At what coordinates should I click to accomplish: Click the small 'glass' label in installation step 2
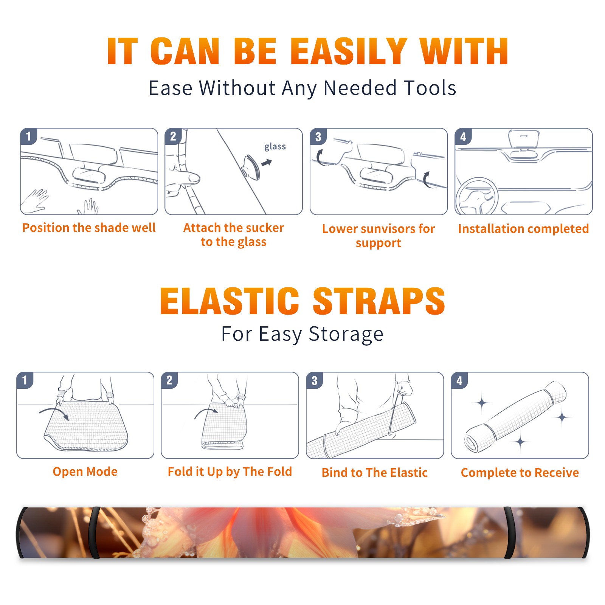(x=275, y=147)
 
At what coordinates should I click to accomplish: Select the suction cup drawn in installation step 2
(x=251, y=167)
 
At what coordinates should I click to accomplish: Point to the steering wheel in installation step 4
(x=477, y=197)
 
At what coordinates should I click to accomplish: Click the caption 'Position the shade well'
(x=89, y=228)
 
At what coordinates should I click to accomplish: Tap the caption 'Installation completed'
(x=523, y=229)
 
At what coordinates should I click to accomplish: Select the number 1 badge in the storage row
(x=25, y=380)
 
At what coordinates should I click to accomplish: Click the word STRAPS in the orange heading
(x=379, y=301)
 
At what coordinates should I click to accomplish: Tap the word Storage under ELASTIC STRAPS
(x=346, y=334)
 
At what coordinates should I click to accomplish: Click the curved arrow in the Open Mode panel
(x=54, y=413)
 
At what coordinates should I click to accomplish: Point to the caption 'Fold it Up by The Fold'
(x=230, y=472)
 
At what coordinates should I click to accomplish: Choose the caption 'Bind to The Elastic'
(x=375, y=473)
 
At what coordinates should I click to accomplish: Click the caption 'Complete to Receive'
(x=520, y=473)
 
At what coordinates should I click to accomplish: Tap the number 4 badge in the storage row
(x=459, y=380)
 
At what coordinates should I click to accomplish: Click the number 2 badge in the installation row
(x=173, y=137)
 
